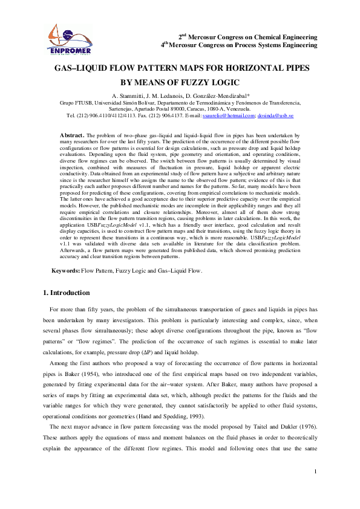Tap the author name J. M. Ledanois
click(x=165, y=96)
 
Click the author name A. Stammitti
click(x=128, y=96)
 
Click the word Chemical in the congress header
click(x=255, y=36)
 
